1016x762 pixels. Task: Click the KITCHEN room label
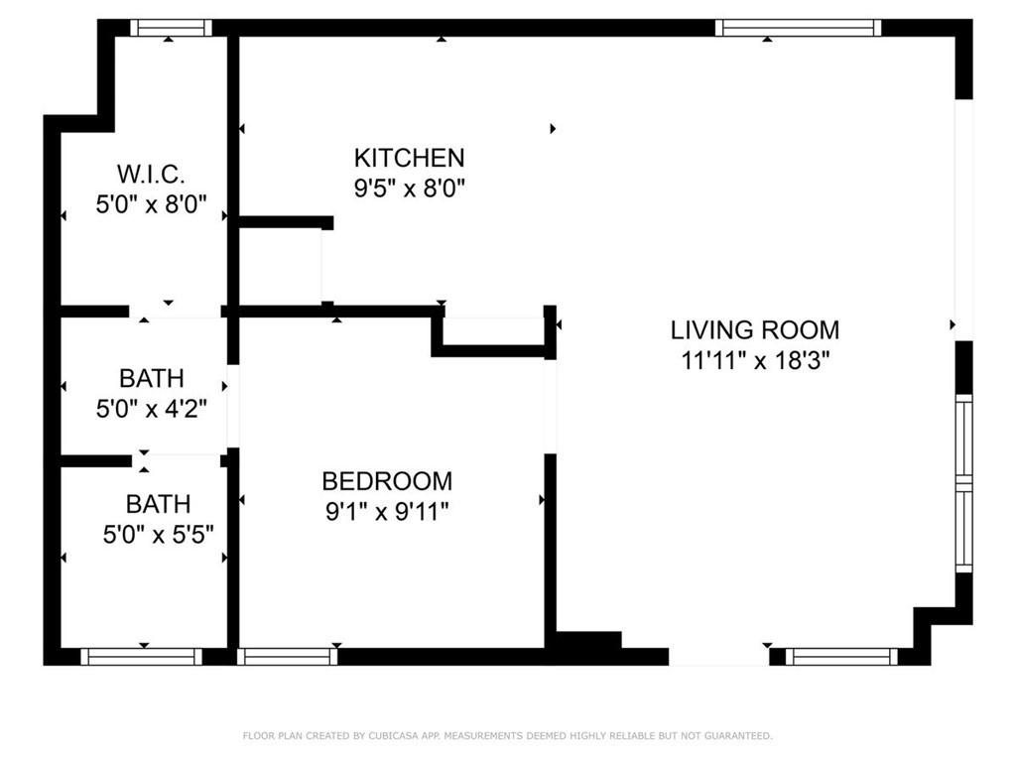(409, 158)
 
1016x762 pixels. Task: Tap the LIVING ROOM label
(754, 330)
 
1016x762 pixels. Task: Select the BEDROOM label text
(387, 481)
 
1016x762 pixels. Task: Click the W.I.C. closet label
(151, 175)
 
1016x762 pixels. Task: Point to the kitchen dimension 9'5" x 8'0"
(409, 188)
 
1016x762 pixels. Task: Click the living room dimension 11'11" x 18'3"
(754, 360)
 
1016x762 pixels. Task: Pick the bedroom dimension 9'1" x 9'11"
(387, 511)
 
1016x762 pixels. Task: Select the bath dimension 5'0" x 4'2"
(151, 408)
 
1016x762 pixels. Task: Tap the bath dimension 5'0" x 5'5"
(158, 535)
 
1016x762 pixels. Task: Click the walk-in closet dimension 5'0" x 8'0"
(151, 204)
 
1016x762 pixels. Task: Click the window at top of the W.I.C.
(171, 28)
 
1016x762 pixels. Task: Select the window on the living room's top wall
(798, 28)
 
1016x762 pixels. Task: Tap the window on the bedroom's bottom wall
(288, 656)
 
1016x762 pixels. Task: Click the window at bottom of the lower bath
(141, 656)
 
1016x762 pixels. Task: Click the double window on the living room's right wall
(963, 483)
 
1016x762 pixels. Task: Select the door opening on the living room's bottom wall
(718, 656)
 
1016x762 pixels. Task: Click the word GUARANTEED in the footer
(736, 735)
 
